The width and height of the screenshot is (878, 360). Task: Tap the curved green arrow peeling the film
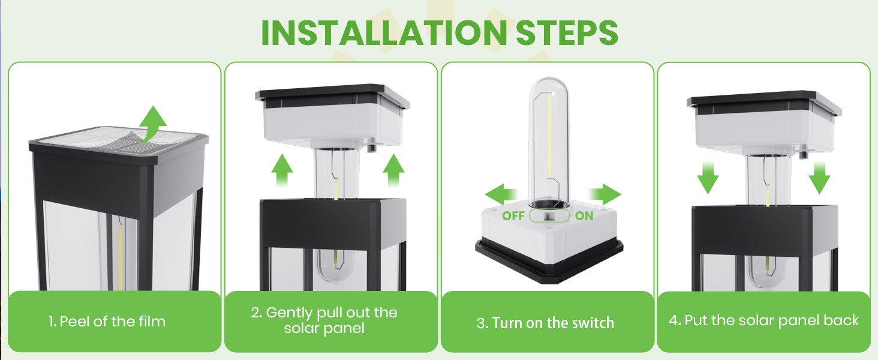coord(154,124)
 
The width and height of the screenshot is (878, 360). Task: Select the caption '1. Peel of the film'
coord(107,322)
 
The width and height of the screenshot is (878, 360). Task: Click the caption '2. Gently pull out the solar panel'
coord(324,320)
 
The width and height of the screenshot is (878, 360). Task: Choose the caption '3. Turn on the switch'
coord(545,323)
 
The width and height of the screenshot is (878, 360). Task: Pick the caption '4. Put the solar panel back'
coord(763,320)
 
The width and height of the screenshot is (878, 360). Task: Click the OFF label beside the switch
coord(513,216)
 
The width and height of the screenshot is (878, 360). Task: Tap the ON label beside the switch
coord(584,216)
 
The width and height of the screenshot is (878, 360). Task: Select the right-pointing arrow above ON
coord(604,194)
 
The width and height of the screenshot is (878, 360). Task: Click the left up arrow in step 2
coord(282,172)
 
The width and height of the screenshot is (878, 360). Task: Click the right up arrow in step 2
coord(393,172)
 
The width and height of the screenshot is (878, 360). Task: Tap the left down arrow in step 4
coord(708,176)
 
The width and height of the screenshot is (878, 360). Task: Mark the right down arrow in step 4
coord(819,176)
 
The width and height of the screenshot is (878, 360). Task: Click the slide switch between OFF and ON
coord(548,216)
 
